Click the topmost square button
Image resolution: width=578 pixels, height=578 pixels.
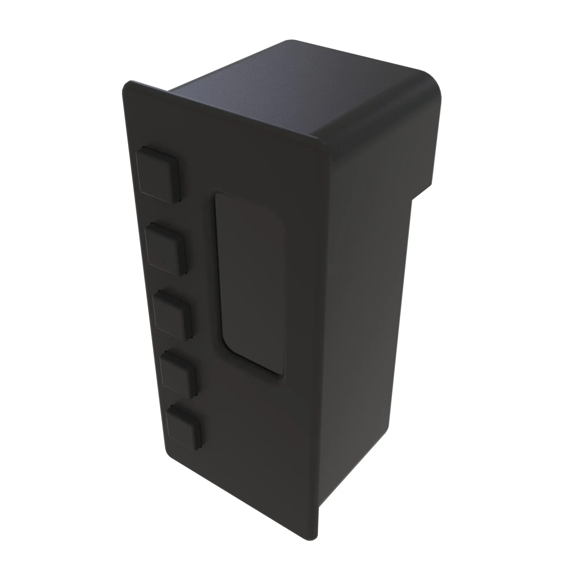coord(158,174)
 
